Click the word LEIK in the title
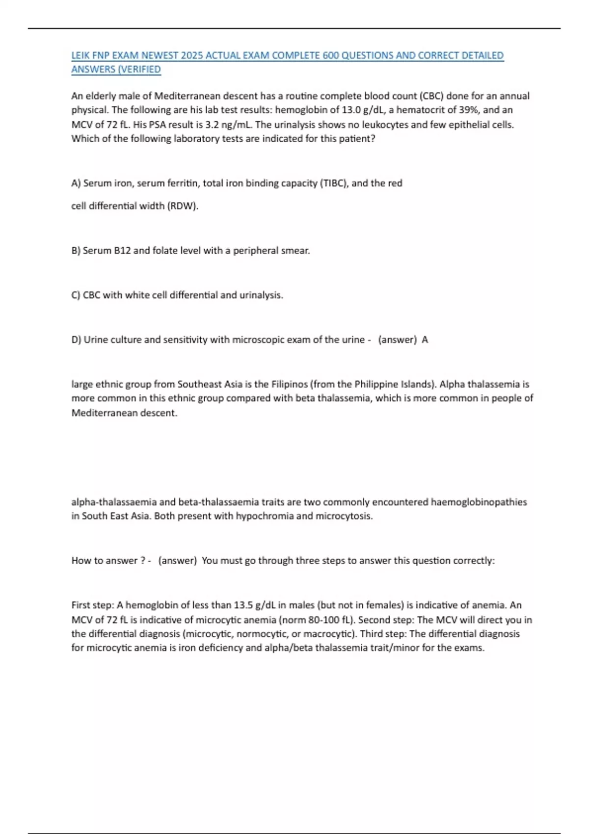pyautogui.click(x=80, y=55)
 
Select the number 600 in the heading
pyautogui.click(x=331, y=55)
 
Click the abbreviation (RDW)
pyautogui.click(x=183, y=206)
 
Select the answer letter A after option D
pyautogui.click(x=425, y=340)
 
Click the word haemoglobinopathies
pyautogui.click(x=479, y=502)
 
